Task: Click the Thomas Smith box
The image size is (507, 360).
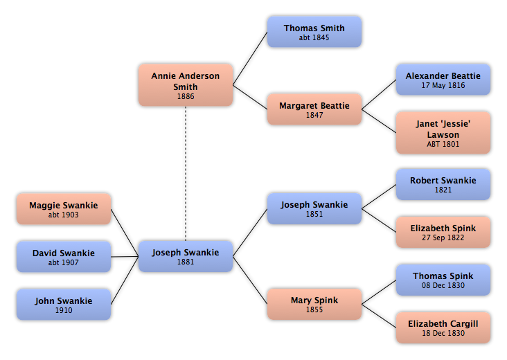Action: (314, 32)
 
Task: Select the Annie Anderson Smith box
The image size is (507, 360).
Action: (186, 85)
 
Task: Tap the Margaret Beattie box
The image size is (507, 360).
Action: (314, 109)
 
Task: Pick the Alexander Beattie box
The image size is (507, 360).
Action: (443, 80)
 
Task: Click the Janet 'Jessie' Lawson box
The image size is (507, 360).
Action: (443, 133)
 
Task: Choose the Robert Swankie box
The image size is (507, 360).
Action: (443, 184)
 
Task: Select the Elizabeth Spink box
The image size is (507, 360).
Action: (443, 232)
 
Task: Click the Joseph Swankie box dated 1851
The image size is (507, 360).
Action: (314, 208)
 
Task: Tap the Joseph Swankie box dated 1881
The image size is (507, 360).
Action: (186, 256)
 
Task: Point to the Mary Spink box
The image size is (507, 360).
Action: (314, 304)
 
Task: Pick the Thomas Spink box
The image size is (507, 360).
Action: (443, 280)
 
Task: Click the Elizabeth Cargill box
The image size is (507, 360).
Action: (443, 327)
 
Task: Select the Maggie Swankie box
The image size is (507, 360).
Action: (64, 209)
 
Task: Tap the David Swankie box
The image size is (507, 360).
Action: (64, 257)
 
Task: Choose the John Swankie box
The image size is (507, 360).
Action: (64, 305)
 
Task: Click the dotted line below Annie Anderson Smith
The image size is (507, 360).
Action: (186, 174)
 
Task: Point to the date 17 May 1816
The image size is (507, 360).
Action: (443, 85)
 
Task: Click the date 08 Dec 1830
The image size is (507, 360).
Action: (443, 285)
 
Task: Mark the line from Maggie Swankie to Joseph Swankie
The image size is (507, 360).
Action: (125, 233)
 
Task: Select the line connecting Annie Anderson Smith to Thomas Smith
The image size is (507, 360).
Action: (250, 58)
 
